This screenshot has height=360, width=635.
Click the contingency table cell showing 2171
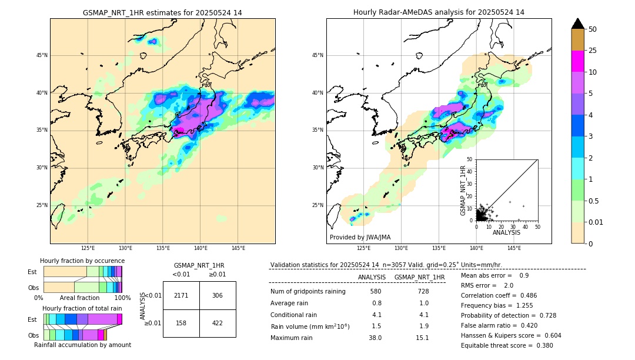181,295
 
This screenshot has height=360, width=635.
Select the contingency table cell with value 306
218,295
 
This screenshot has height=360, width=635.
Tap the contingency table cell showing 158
181,323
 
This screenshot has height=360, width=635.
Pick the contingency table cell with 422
218,323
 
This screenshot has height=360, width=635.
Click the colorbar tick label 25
593,51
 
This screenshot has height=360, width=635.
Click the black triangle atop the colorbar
578,24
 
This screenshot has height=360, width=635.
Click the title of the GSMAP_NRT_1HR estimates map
162,12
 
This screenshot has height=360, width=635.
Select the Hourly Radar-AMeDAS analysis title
439,12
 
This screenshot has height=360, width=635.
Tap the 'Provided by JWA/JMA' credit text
360,237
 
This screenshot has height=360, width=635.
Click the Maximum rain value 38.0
376,338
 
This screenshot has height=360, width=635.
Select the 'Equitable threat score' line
507,345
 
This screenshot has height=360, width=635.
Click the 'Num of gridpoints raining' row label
308,291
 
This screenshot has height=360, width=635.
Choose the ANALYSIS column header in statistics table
372,277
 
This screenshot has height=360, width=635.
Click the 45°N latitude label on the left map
42,55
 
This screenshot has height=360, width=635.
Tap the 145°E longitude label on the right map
514,249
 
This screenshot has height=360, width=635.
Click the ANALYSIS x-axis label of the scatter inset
506,232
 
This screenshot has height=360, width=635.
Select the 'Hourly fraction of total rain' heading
82,308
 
